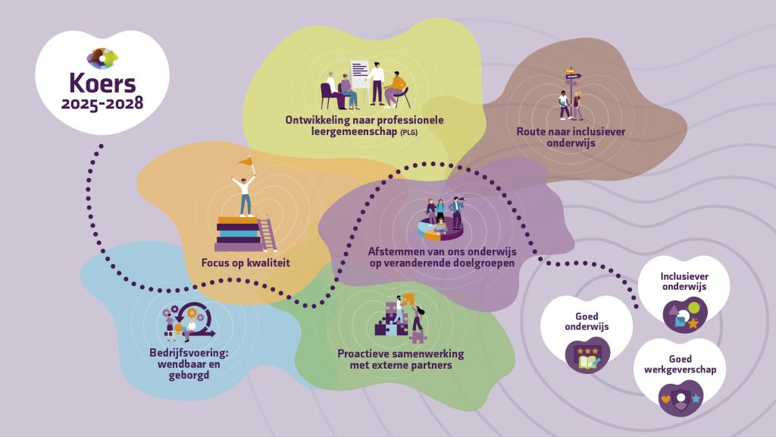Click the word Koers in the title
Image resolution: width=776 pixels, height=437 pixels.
pos(102,83)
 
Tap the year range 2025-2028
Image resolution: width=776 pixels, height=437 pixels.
pos(102,103)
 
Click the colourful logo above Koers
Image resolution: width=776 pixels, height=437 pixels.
pos(102,58)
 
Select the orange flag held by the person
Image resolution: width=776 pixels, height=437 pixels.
pos(246,161)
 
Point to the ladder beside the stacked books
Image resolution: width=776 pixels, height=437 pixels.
pos(267,234)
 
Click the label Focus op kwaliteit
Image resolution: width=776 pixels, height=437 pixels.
pos(246,263)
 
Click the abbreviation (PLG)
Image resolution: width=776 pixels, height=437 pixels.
pos(409,132)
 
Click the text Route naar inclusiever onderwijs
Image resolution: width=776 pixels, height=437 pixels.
pos(571,137)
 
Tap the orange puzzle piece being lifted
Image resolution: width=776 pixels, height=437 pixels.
pos(408,299)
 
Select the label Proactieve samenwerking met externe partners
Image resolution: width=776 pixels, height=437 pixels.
pos(401,360)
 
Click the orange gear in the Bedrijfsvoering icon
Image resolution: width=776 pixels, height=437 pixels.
pos(192,313)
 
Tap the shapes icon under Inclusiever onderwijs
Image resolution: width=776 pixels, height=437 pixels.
pos(685,315)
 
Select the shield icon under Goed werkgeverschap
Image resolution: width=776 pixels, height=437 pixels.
pos(681,398)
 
